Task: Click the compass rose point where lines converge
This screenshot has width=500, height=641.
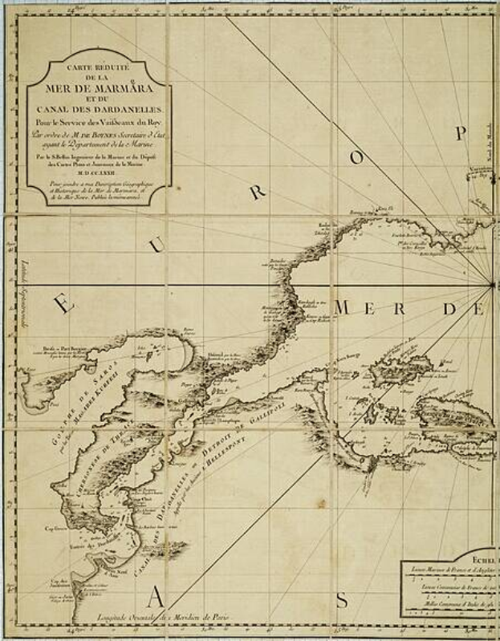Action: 491,283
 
